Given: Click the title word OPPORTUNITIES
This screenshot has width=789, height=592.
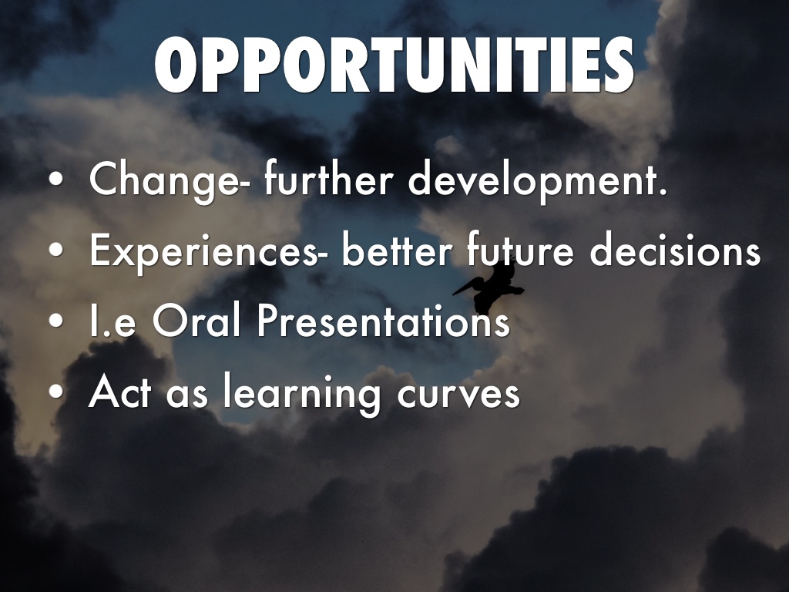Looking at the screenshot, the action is [394, 65].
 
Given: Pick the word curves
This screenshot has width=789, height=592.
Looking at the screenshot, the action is [458, 394].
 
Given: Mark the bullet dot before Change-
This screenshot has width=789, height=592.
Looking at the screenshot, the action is [56, 180].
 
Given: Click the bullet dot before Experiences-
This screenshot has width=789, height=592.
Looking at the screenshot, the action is [56, 250].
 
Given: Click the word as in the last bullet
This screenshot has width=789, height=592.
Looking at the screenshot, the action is [186, 395].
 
